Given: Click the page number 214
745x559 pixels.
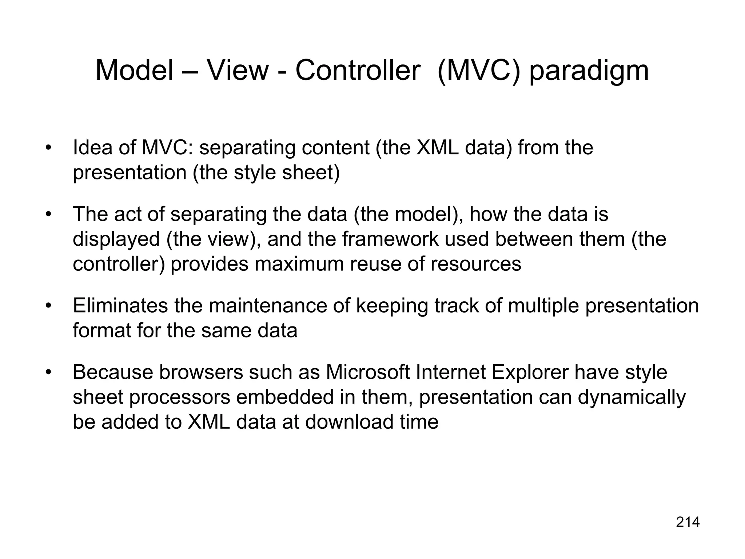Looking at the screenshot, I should tap(688, 522).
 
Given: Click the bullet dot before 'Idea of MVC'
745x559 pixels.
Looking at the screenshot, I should tap(48, 148).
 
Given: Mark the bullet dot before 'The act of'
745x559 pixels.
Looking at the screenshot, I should tap(48, 215).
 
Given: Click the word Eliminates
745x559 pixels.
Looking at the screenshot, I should tap(120, 306).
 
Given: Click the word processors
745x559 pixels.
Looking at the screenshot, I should tap(180, 398).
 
